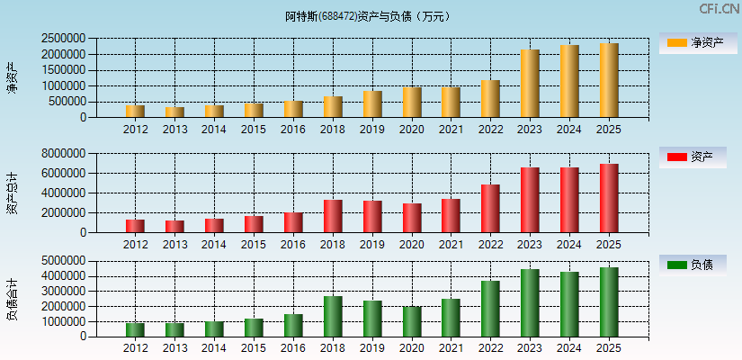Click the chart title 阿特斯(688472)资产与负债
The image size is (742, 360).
[369, 16]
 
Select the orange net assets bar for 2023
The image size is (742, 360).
[530, 84]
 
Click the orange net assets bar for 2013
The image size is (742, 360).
[174, 112]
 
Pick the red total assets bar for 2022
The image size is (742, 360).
[490, 208]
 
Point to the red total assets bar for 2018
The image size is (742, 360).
[333, 216]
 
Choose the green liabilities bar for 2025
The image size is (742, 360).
[609, 301]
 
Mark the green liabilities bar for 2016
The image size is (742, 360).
[293, 325]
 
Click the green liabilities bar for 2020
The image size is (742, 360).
[412, 321]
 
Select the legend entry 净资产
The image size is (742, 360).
[698, 42]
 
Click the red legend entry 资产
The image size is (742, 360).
[698, 157]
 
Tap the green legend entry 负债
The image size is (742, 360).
[698, 265]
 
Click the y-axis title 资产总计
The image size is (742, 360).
[12, 193]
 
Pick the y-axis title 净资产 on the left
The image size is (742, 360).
[12, 78]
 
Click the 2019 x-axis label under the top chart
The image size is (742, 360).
[372, 130]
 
